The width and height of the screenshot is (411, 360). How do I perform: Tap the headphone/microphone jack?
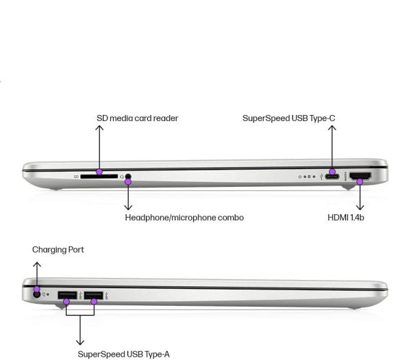127,177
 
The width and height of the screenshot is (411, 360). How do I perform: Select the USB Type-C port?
332,177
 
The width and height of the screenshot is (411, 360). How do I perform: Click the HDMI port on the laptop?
360,177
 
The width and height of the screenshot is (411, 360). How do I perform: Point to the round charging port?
36,295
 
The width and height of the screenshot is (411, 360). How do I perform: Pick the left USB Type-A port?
66,296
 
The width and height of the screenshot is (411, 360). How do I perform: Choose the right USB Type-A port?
93,296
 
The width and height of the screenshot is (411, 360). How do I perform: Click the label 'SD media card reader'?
137,118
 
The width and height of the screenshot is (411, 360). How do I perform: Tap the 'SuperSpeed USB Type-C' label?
288,118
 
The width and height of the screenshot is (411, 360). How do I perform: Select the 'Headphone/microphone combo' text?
184,218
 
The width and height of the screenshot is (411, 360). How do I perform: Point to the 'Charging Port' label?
58,250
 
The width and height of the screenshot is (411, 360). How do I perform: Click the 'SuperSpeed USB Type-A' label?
123,354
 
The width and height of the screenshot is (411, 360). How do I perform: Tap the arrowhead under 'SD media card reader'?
99,128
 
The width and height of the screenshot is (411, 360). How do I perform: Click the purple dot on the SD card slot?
99,172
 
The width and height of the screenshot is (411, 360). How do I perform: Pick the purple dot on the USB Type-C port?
332,172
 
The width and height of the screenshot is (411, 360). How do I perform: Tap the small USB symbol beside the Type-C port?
321,177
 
